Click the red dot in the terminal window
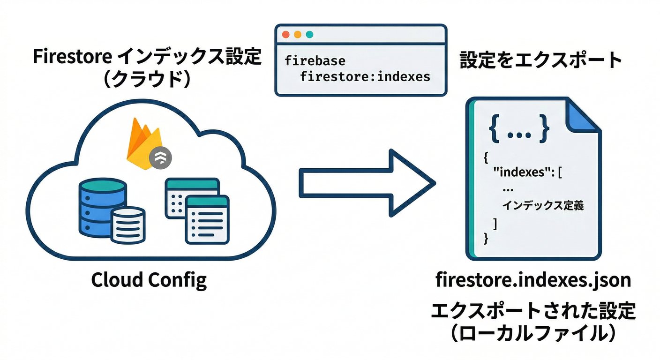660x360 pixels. [x=285, y=35]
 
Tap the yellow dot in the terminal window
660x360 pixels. [x=297, y=35]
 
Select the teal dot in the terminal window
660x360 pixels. [x=309, y=35]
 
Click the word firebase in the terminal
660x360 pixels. [x=315, y=60]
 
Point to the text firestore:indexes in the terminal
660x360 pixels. [x=365, y=76]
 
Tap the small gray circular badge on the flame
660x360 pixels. [x=160, y=159]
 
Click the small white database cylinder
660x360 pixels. [x=128, y=225]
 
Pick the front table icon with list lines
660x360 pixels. [x=207, y=219]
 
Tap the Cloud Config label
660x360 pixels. [x=149, y=280]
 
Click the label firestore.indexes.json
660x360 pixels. [x=533, y=280]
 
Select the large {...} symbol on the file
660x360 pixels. [x=518, y=128]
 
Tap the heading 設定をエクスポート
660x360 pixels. [x=540, y=60]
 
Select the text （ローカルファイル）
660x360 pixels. [x=533, y=334]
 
